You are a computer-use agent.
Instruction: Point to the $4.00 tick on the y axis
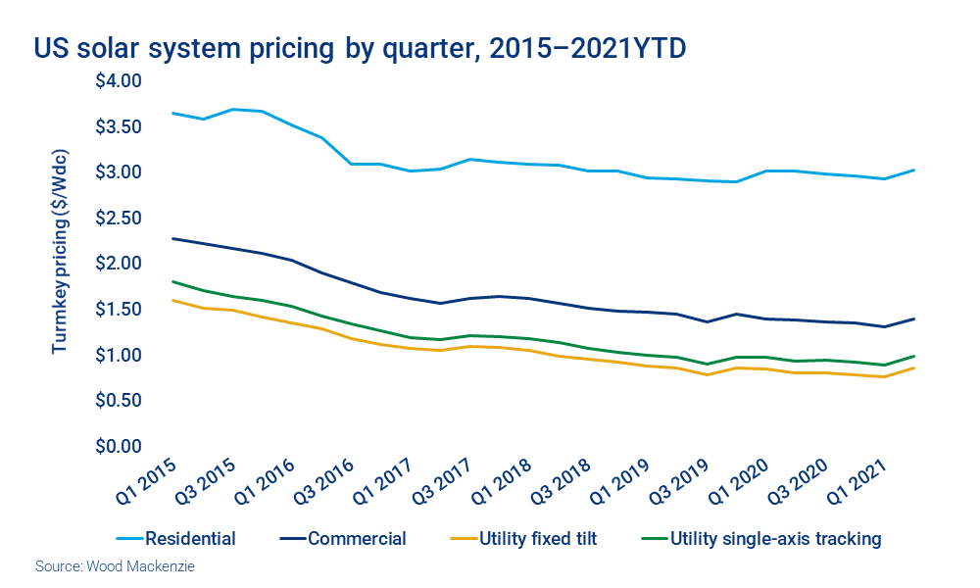119,80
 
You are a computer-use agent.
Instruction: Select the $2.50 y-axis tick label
119,218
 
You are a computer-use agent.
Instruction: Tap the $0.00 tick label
119,446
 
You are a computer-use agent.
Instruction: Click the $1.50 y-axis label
119,309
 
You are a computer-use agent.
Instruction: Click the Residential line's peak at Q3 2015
231,109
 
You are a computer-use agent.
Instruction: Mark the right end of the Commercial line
913,318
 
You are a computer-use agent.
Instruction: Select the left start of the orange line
172,300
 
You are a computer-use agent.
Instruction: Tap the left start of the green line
172,281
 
